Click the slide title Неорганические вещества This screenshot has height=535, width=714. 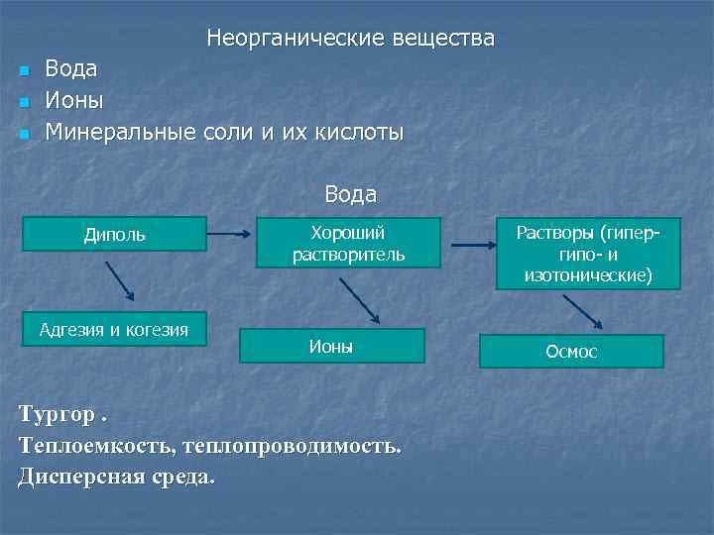pos(350,39)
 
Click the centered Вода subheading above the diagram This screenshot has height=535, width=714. pos(350,194)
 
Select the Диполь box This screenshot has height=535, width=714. pos(114,234)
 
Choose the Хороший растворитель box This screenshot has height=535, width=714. pos(348,244)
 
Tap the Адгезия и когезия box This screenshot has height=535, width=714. pos(114,329)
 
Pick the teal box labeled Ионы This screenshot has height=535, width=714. pos(331,346)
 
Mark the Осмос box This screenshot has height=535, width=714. pos(571,352)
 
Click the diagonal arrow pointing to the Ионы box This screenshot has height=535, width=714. pos(359,299)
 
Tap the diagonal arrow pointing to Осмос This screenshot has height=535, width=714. pos(586,310)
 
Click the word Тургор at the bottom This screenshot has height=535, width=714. pos(59,414)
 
